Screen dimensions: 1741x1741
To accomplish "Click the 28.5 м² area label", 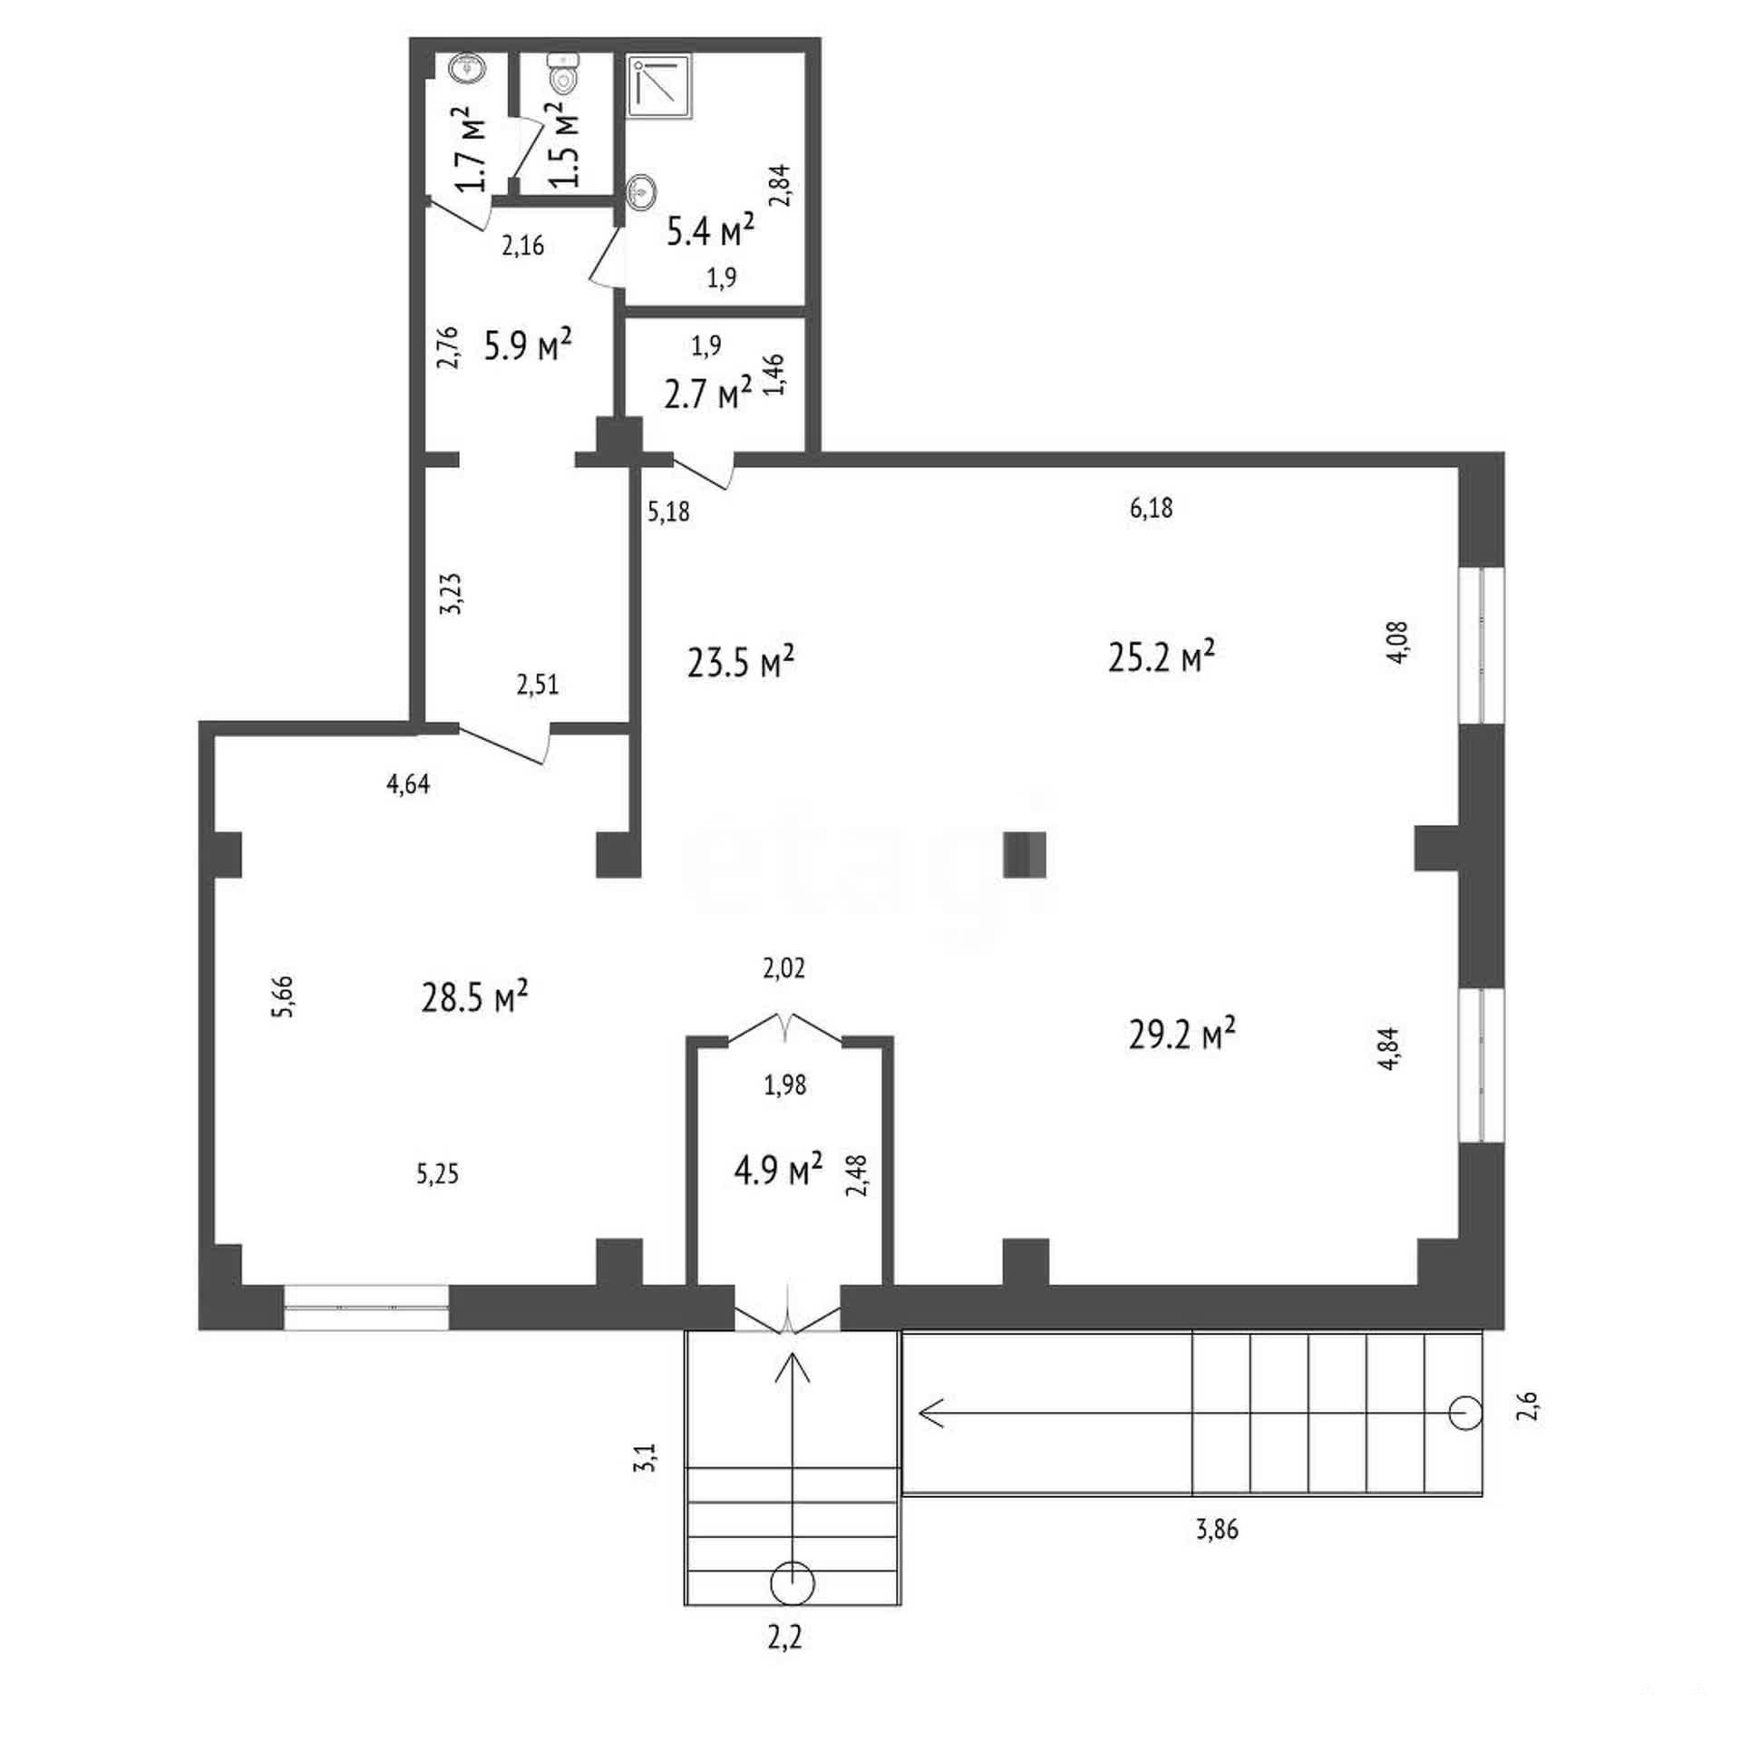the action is point(475,997).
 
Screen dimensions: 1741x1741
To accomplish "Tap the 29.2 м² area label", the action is point(1182,1034).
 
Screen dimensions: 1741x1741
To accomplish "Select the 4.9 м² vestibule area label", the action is point(778,1170).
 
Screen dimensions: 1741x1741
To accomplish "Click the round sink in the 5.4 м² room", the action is point(642,192).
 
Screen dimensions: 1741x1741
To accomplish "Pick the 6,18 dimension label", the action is point(1151,508).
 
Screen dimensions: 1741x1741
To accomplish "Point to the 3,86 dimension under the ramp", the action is point(1217,1531).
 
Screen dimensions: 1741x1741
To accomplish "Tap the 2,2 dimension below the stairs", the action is point(784,1639).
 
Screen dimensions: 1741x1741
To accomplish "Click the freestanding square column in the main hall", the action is point(1025,855).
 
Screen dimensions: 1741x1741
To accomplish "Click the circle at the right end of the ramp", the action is point(1465,1413).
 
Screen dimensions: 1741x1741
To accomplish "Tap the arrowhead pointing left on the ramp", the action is point(931,1413).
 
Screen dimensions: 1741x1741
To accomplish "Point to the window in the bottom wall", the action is point(365,1308).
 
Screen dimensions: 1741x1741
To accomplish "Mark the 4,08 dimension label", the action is point(1397,642).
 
